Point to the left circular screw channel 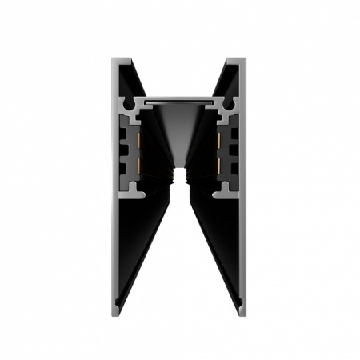126,105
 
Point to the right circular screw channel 234,105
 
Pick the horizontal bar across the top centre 179,102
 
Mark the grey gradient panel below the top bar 179,128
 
